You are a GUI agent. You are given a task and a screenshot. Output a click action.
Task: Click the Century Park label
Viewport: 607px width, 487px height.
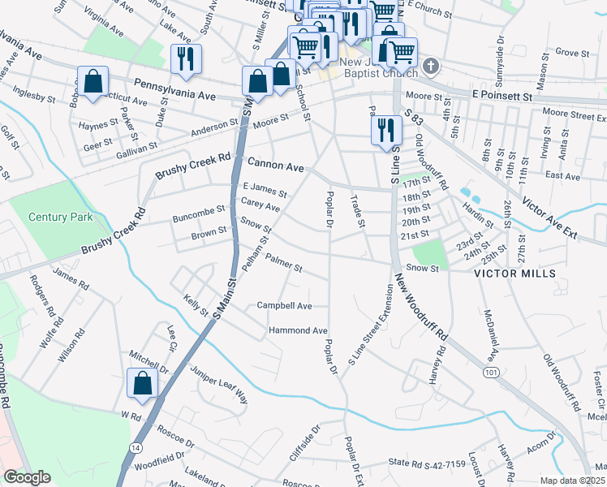coord(61,218)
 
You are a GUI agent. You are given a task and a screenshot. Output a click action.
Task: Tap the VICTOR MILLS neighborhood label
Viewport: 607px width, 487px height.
coord(516,274)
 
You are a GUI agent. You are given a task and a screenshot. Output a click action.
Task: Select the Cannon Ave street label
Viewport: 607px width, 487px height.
coord(276,166)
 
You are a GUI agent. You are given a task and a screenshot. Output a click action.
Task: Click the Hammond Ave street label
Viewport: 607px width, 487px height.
coord(298,331)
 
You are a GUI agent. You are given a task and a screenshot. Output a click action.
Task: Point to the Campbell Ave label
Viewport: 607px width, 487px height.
coord(284,306)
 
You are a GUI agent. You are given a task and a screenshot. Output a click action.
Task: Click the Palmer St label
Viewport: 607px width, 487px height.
coord(285,265)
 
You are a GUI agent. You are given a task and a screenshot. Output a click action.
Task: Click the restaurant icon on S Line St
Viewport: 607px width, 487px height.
coord(385,130)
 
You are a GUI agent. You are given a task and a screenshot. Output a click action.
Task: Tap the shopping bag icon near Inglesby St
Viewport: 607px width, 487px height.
coord(93,81)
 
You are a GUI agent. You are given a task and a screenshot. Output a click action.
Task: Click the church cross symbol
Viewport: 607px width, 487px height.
coord(431,65)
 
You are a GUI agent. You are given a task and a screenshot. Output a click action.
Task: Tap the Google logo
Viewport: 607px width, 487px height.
coord(27,477)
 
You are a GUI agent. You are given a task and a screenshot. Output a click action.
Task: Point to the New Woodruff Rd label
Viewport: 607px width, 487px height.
coord(422,307)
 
